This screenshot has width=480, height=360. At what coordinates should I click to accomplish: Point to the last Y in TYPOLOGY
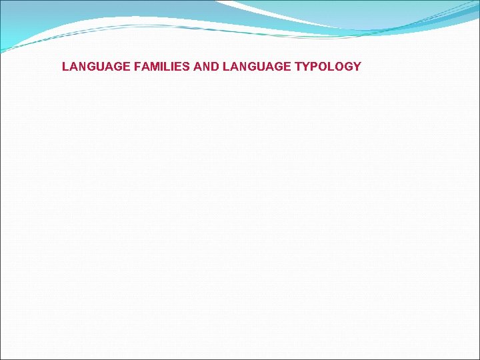357,67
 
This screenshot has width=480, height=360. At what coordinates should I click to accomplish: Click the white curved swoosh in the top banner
280,15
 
